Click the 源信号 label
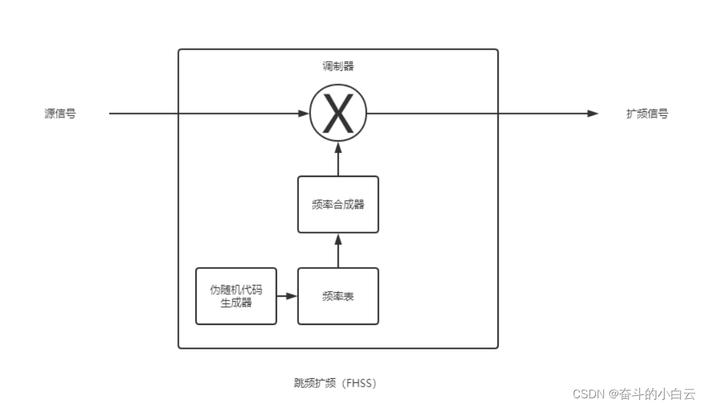pyautogui.click(x=60, y=114)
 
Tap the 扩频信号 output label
pyautogui.click(x=647, y=114)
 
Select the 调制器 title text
pyautogui.click(x=338, y=66)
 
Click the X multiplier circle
pyautogui.click(x=338, y=114)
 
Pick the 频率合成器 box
pyautogui.click(x=338, y=205)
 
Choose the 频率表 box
pyautogui.click(x=338, y=297)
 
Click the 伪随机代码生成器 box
pyautogui.click(x=236, y=297)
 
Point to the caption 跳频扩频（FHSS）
pyautogui.click(x=331, y=383)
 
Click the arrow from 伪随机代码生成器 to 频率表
pyautogui.click(x=287, y=297)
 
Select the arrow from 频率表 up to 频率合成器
pyautogui.click(x=338, y=250)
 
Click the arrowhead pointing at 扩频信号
pyautogui.click(x=593, y=114)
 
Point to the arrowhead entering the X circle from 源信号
pyautogui.click(x=303, y=114)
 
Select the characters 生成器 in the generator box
pyautogui.click(x=236, y=302)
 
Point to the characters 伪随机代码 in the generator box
pyautogui.click(x=236, y=290)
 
